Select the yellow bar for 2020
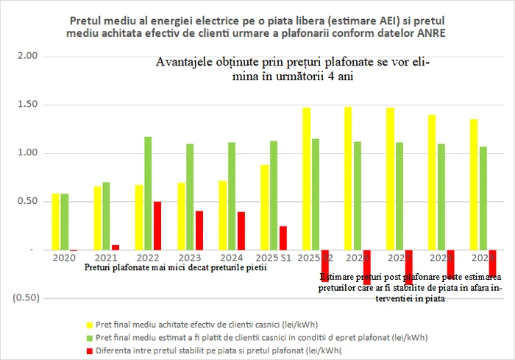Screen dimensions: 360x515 point(55,222)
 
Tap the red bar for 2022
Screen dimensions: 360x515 point(157,225)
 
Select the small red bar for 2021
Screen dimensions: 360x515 point(115,247)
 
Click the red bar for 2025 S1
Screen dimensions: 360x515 point(283,238)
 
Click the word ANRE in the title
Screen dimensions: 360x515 point(430,33)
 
